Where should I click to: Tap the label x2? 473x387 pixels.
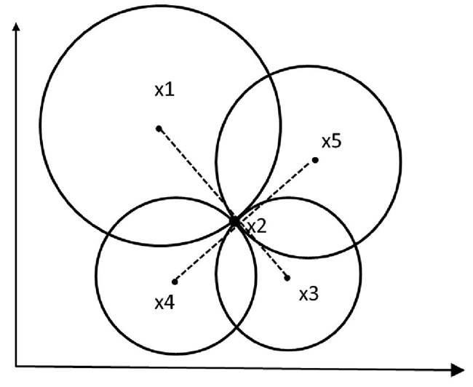click(x=256, y=226)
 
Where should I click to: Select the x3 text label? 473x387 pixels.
click(x=309, y=295)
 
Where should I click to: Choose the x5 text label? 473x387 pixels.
click(x=331, y=141)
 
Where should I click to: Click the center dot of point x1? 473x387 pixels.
click(x=159, y=129)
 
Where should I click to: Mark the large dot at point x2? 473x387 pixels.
click(x=234, y=220)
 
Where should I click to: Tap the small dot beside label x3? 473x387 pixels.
click(x=287, y=277)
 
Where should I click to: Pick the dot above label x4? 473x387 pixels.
click(x=175, y=282)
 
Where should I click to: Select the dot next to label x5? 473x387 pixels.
click(x=315, y=159)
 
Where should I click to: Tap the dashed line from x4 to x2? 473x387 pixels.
click(x=204, y=251)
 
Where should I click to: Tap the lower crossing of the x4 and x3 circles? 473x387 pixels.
click(x=236, y=328)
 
